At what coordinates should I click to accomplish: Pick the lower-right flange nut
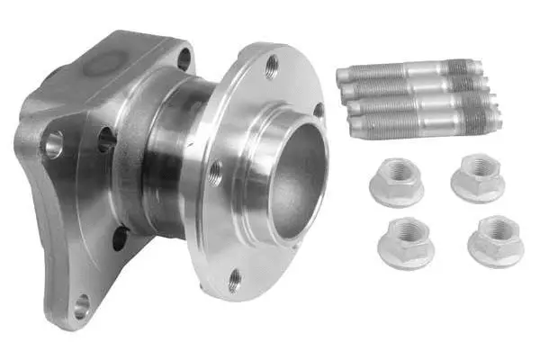pyautogui.click(x=494, y=239)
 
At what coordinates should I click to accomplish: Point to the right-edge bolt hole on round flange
pyautogui.click(x=319, y=109)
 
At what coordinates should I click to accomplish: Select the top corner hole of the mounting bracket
pyautogui.click(x=184, y=61)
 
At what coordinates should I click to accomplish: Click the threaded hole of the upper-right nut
pyautogui.click(x=478, y=170)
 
